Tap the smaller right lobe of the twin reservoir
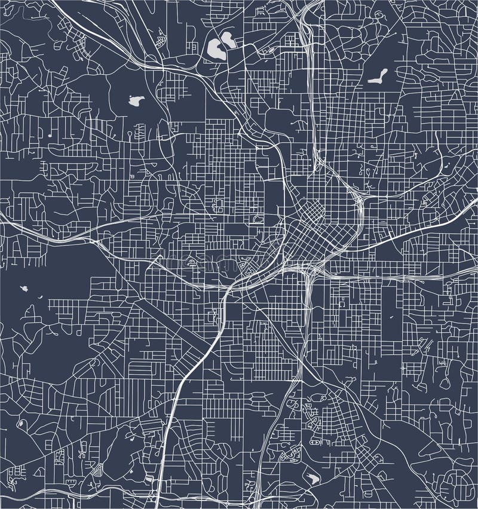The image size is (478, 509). [228, 40]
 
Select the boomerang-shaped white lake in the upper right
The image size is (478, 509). [378, 76]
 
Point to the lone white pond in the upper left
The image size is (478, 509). [136, 100]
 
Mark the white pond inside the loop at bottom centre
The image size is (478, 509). [312, 478]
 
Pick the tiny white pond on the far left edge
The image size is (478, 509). [24, 289]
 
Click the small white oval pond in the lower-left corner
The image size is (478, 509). [22, 423]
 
